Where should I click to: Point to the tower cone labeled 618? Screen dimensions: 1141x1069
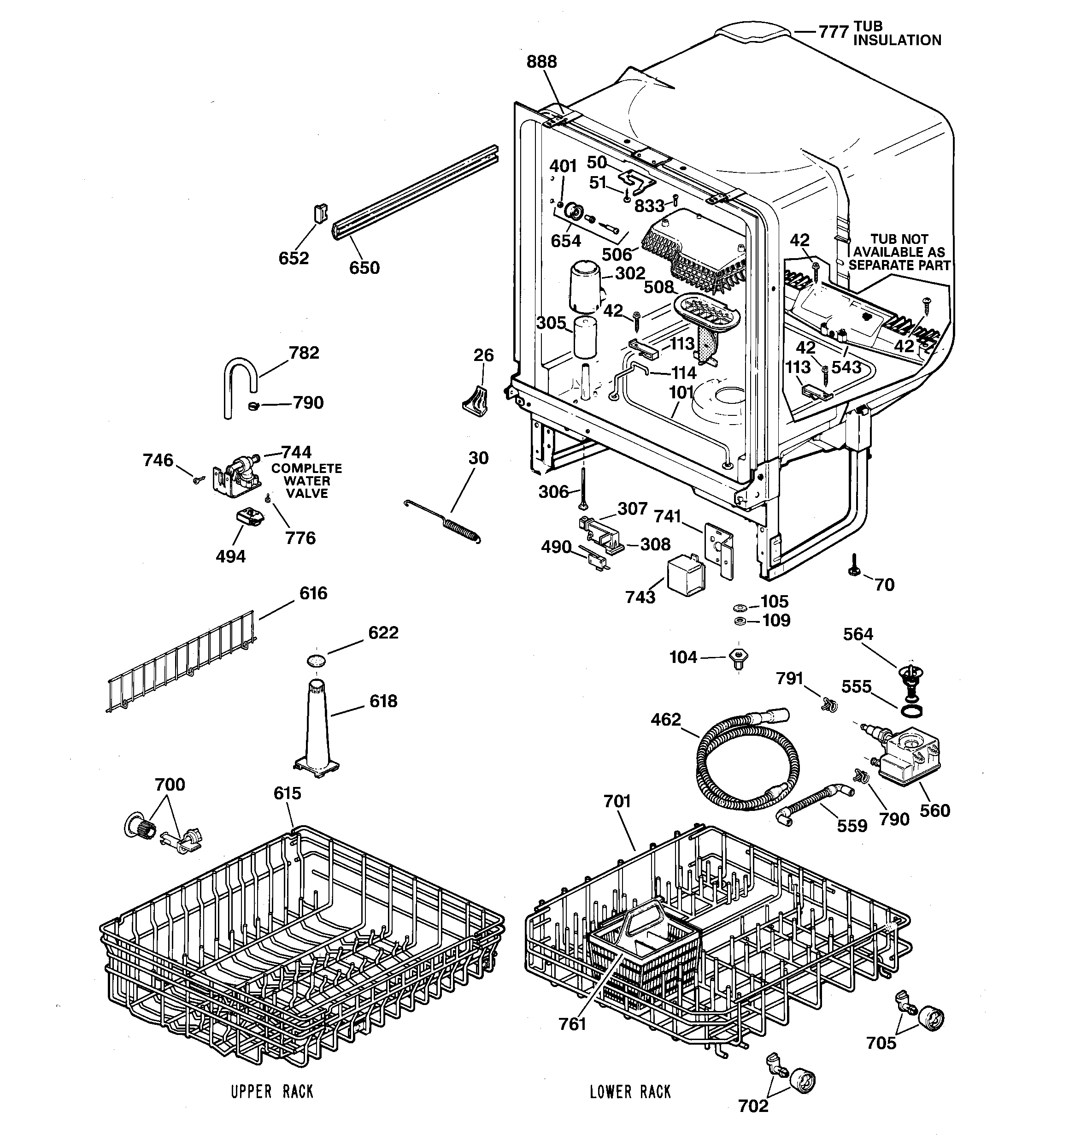tap(317, 729)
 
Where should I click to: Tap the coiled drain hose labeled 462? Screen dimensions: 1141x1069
tap(746, 763)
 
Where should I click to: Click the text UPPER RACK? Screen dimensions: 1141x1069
tap(272, 1091)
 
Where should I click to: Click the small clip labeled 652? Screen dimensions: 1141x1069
tap(320, 213)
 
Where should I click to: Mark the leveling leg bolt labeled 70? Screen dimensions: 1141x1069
tap(854, 569)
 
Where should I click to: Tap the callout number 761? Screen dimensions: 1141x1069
tap(572, 1024)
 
